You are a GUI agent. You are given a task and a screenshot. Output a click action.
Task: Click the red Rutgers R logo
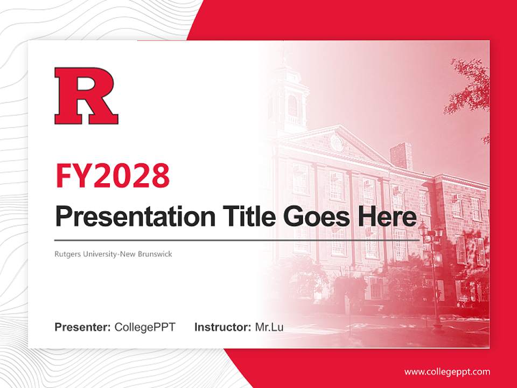[86, 96]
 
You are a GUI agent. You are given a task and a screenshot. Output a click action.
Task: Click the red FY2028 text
[113, 175]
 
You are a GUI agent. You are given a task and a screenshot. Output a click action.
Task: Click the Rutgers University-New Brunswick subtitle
[113, 253]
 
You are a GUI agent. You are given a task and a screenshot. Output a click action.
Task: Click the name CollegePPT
[145, 327]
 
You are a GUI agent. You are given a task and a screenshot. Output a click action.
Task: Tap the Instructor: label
[222, 327]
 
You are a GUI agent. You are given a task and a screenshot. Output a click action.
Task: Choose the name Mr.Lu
[269, 327]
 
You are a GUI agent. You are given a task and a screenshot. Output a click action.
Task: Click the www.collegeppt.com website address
[447, 372]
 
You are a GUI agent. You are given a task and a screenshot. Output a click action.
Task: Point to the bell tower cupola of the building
[292, 94]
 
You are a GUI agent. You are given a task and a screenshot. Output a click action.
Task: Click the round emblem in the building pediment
[337, 143]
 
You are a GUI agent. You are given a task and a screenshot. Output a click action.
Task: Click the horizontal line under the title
[237, 240]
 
